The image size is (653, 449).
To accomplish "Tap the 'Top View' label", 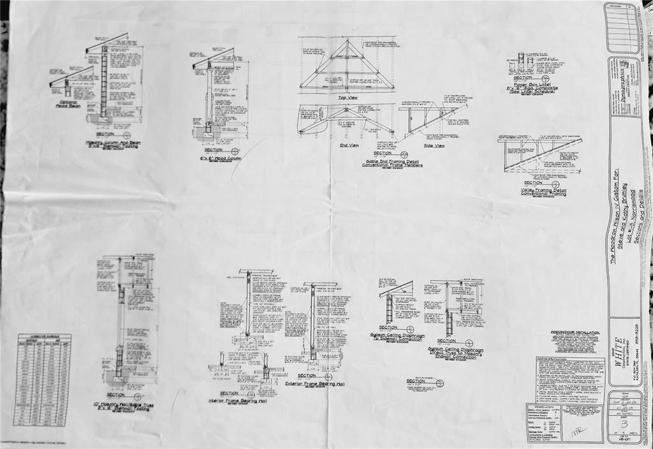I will pos(348,98).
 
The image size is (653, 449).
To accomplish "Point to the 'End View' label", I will pos(349,145).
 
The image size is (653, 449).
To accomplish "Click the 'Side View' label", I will pos(434,146).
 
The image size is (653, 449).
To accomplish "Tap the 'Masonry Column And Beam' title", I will pos(114,143).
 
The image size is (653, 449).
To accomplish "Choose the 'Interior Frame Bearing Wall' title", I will pos(237,401).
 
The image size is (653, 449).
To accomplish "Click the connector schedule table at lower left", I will pos(42,379).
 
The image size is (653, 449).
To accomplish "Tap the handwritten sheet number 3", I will pos(624,423).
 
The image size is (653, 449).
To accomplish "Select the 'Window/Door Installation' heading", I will pos(575,333).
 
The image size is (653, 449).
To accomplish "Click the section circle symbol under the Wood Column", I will pos(235,151).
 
